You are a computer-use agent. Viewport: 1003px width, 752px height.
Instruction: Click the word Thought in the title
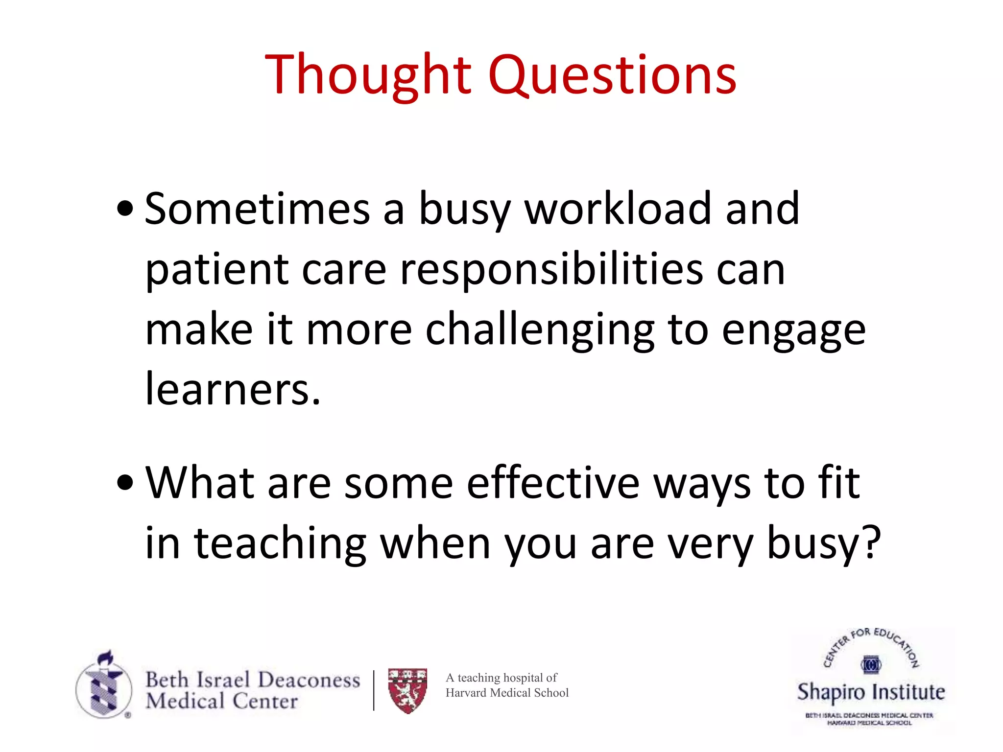pyautogui.click(x=367, y=74)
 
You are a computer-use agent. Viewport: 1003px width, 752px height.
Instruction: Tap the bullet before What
pyautogui.click(x=125, y=483)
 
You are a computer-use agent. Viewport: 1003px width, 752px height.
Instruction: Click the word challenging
pyautogui.click(x=539, y=331)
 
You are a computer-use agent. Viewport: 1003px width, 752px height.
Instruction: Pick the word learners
pyautogui.click(x=233, y=390)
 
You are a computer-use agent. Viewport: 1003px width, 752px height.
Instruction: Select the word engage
pyautogui.click(x=793, y=331)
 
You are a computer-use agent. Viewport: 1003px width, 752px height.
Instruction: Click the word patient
pyautogui.click(x=217, y=270)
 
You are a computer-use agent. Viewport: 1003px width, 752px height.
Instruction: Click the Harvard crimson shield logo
pyautogui.click(x=407, y=690)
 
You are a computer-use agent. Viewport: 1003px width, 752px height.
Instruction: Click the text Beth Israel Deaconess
pyautogui.click(x=253, y=680)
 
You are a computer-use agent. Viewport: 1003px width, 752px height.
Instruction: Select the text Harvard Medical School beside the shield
pyautogui.click(x=507, y=693)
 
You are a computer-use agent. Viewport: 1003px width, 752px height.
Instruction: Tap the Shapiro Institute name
pyautogui.click(x=871, y=692)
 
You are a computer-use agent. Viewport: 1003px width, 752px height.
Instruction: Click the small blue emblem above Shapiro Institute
pyautogui.click(x=871, y=665)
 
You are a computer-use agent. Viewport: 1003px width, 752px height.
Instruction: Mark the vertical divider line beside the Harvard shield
pyautogui.click(x=374, y=690)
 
